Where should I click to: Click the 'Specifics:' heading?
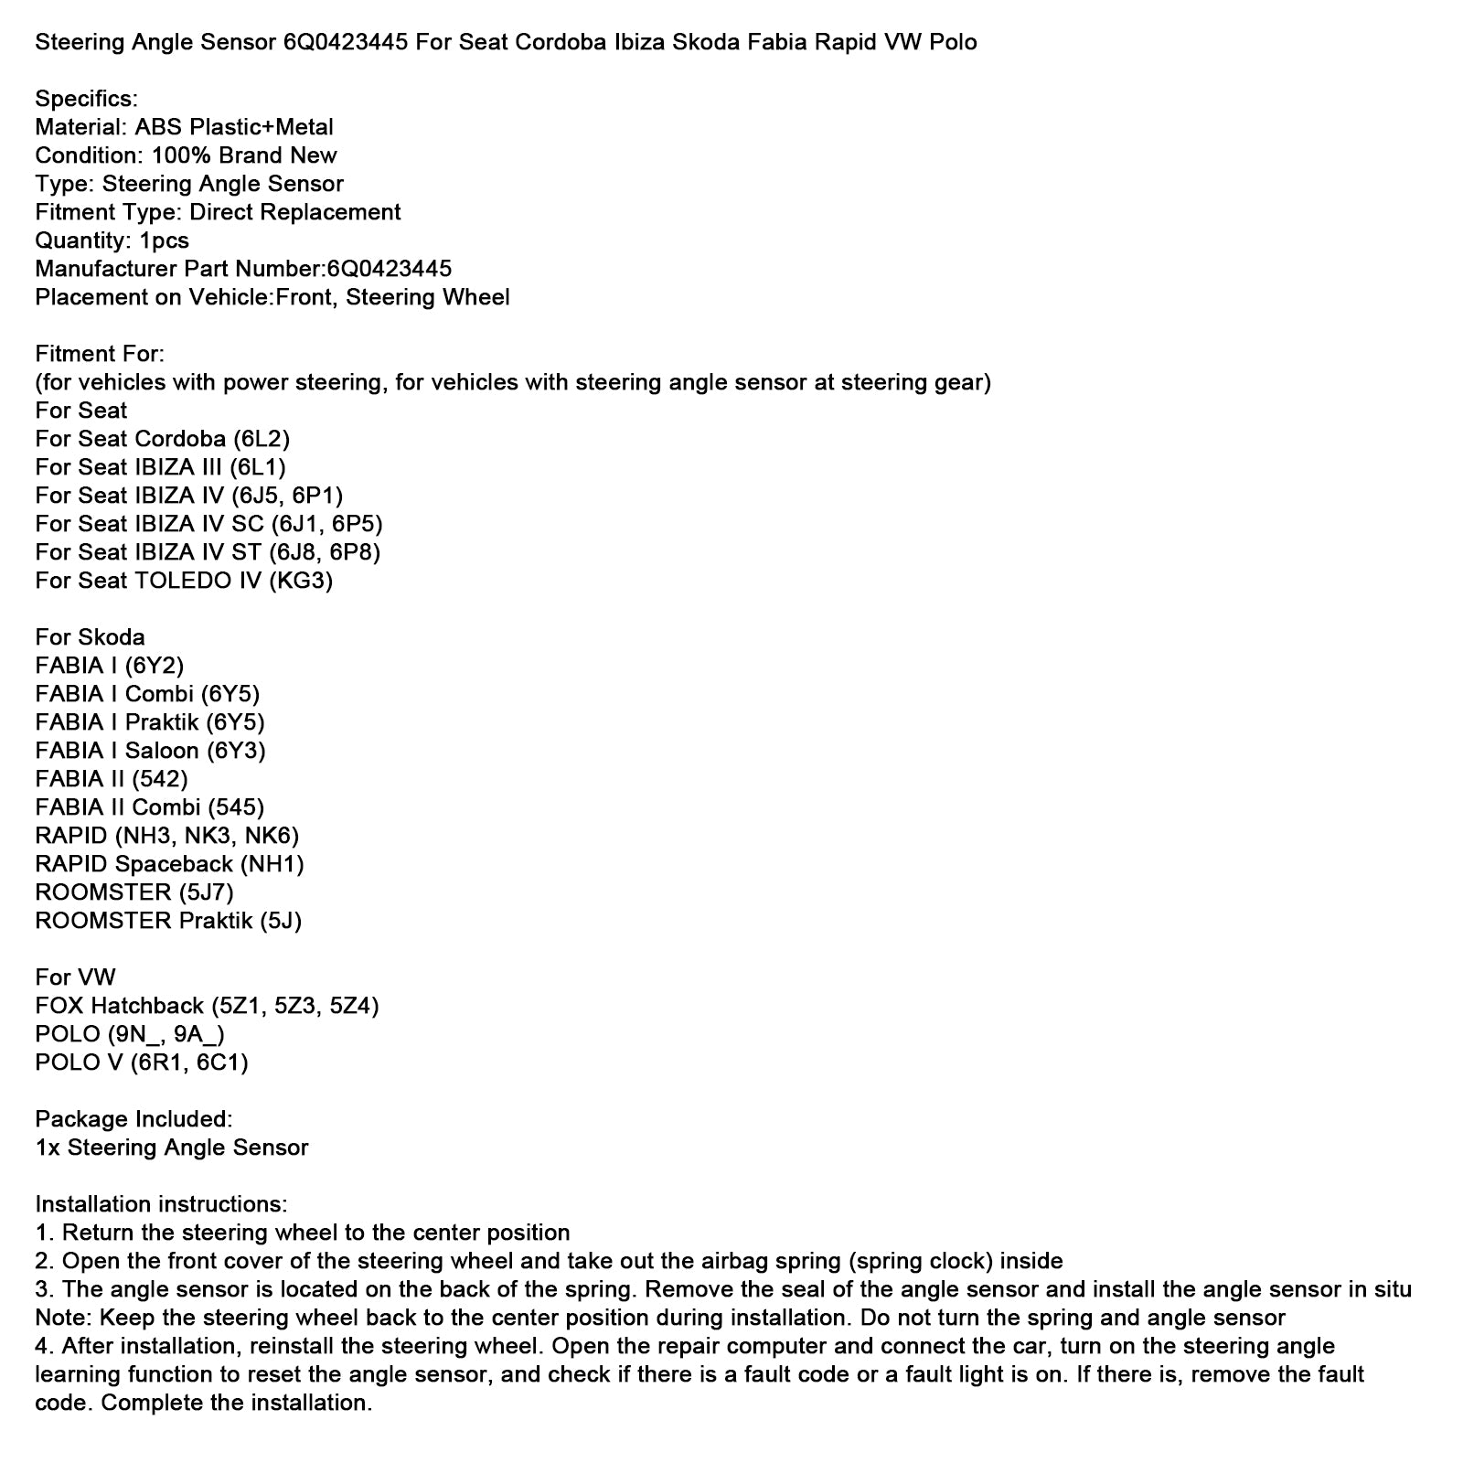click(86, 99)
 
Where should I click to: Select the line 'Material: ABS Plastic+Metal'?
click(184, 127)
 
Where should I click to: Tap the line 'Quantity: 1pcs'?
click(112, 240)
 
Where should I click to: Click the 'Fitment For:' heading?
click(100, 354)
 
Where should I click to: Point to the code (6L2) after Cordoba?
click(262, 439)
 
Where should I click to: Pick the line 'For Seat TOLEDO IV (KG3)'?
click(184, 581)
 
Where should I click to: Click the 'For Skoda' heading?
click(90, 637)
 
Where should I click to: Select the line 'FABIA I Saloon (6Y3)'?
click(150, 751)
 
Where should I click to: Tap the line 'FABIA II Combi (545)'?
click(149, 807)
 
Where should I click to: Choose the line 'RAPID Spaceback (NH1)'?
click(169, 864)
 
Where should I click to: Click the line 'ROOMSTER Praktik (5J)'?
click(168, 921)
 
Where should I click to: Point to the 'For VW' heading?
click(75, 977)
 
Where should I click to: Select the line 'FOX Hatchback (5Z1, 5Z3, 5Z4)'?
click(207, 1006)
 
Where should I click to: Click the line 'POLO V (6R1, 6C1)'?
click(142, 1063)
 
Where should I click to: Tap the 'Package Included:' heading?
click(133, 1119)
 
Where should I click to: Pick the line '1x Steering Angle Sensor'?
click(172, 1148)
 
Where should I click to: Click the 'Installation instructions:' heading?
click(161, 1204)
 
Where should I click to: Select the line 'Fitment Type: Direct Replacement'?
click(218, 212)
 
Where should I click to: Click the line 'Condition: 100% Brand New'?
click(186, 155)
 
